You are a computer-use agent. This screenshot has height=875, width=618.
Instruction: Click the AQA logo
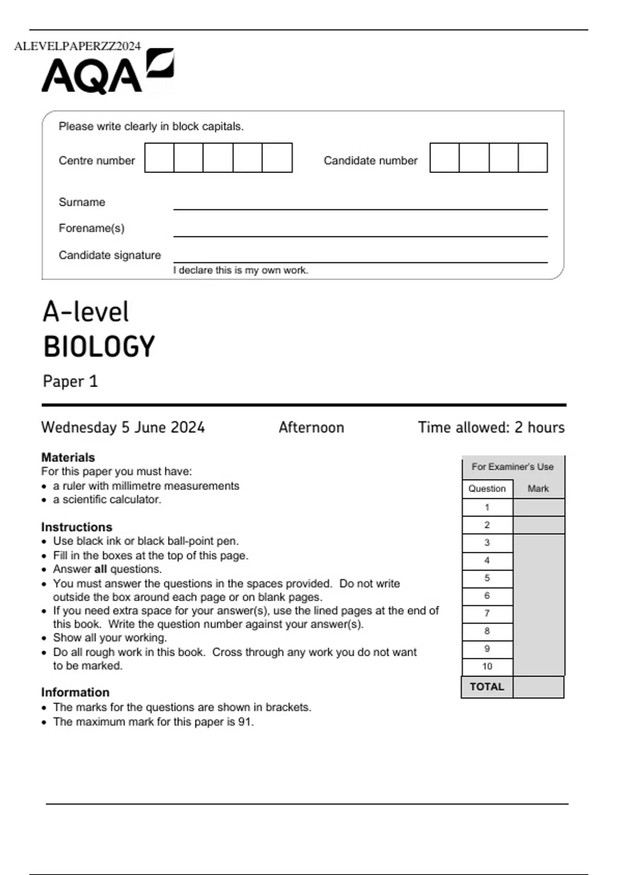coord(107,72)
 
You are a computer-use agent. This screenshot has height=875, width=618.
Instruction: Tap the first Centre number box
coord(159,158)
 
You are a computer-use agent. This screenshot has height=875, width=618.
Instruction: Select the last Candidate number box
coord(533,158)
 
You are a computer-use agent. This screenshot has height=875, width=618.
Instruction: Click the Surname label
coord(82,202)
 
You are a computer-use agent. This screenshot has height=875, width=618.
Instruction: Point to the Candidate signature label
coord(110,255)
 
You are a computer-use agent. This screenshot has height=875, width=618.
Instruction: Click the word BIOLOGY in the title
coord(99,346)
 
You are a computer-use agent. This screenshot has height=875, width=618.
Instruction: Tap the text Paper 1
coord(70,381)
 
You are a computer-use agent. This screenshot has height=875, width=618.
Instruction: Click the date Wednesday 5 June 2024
coord(123,427)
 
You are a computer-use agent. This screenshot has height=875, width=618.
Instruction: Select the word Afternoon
coord(311,427)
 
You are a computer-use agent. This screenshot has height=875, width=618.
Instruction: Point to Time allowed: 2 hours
coord(491,427)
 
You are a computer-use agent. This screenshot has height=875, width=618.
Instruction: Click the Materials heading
coord(68,457)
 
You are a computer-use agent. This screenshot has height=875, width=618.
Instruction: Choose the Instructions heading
coord(77,527)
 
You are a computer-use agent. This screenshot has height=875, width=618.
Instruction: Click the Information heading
coord(75,692)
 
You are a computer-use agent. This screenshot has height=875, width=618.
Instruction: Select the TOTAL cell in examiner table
coord(487,687)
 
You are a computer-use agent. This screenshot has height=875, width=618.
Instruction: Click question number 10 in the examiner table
coord(487,666)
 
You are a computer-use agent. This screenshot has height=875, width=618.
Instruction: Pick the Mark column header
coord(538,488)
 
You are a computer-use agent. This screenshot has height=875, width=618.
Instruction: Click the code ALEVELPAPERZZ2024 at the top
coord(77,46)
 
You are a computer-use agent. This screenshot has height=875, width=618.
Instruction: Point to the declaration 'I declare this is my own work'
coord(241,270)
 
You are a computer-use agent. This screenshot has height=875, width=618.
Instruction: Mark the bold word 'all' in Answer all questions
coord(100,569)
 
